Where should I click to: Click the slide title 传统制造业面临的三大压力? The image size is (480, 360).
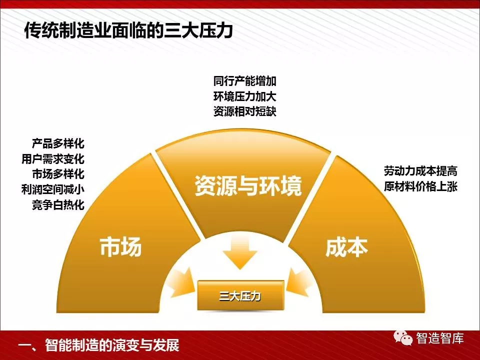[x=128, y=30]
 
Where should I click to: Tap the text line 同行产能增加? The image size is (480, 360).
[x=245, y=81]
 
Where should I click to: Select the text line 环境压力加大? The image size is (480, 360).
[x=245, y=96]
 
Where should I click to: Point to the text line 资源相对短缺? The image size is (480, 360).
[x=245, y=111]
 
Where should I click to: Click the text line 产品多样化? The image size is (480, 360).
[x=58, y=143]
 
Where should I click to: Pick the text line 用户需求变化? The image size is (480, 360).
[x=52, y=158]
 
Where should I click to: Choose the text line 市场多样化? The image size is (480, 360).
[x=58, y=174]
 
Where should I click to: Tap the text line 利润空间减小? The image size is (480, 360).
[x=52, y=189]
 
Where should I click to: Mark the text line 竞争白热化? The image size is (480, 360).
[x=58, y=204]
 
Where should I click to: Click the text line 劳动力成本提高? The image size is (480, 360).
[x=420, y=171]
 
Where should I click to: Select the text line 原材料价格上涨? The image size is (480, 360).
[x=420, y=186]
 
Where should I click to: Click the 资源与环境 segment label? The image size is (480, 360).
[x=248, y=185]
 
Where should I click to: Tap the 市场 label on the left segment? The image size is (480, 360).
[x=120, y=246]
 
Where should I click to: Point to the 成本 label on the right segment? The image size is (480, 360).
[x=346, y=247]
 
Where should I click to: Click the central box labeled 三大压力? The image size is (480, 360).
[x=240, y=295]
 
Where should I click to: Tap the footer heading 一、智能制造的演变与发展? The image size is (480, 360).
[x=98, y=345]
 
